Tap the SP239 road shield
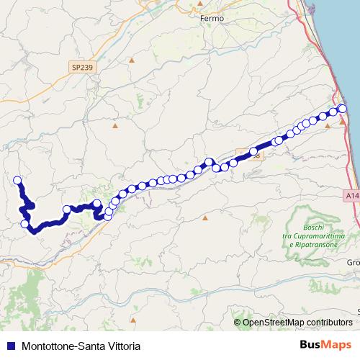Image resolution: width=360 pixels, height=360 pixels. pyautogui.click(x=83, y=67)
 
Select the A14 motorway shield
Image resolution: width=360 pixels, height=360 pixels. pyautogui.click(x=351, y=195)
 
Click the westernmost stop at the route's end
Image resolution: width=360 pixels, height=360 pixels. pyautogui.click(x=17, y=180)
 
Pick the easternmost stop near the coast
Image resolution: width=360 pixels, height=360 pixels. pyautogui.click(x=343, y=108)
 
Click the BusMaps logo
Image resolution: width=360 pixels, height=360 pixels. pyautogui.click(x=325, y=344)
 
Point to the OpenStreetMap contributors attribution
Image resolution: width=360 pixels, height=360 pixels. pyautogui.click(x=297, y=323)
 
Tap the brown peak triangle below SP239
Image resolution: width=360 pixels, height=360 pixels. pyautogui.click(x=115, y=127)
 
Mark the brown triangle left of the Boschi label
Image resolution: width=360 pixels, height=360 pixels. pyautogui.click(x=205, y=217)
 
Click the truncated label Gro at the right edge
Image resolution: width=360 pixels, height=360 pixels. pyautogui.click(x=354, y=262)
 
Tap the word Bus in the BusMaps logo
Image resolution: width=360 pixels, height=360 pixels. pyautogui.click(x=310, y=344)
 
